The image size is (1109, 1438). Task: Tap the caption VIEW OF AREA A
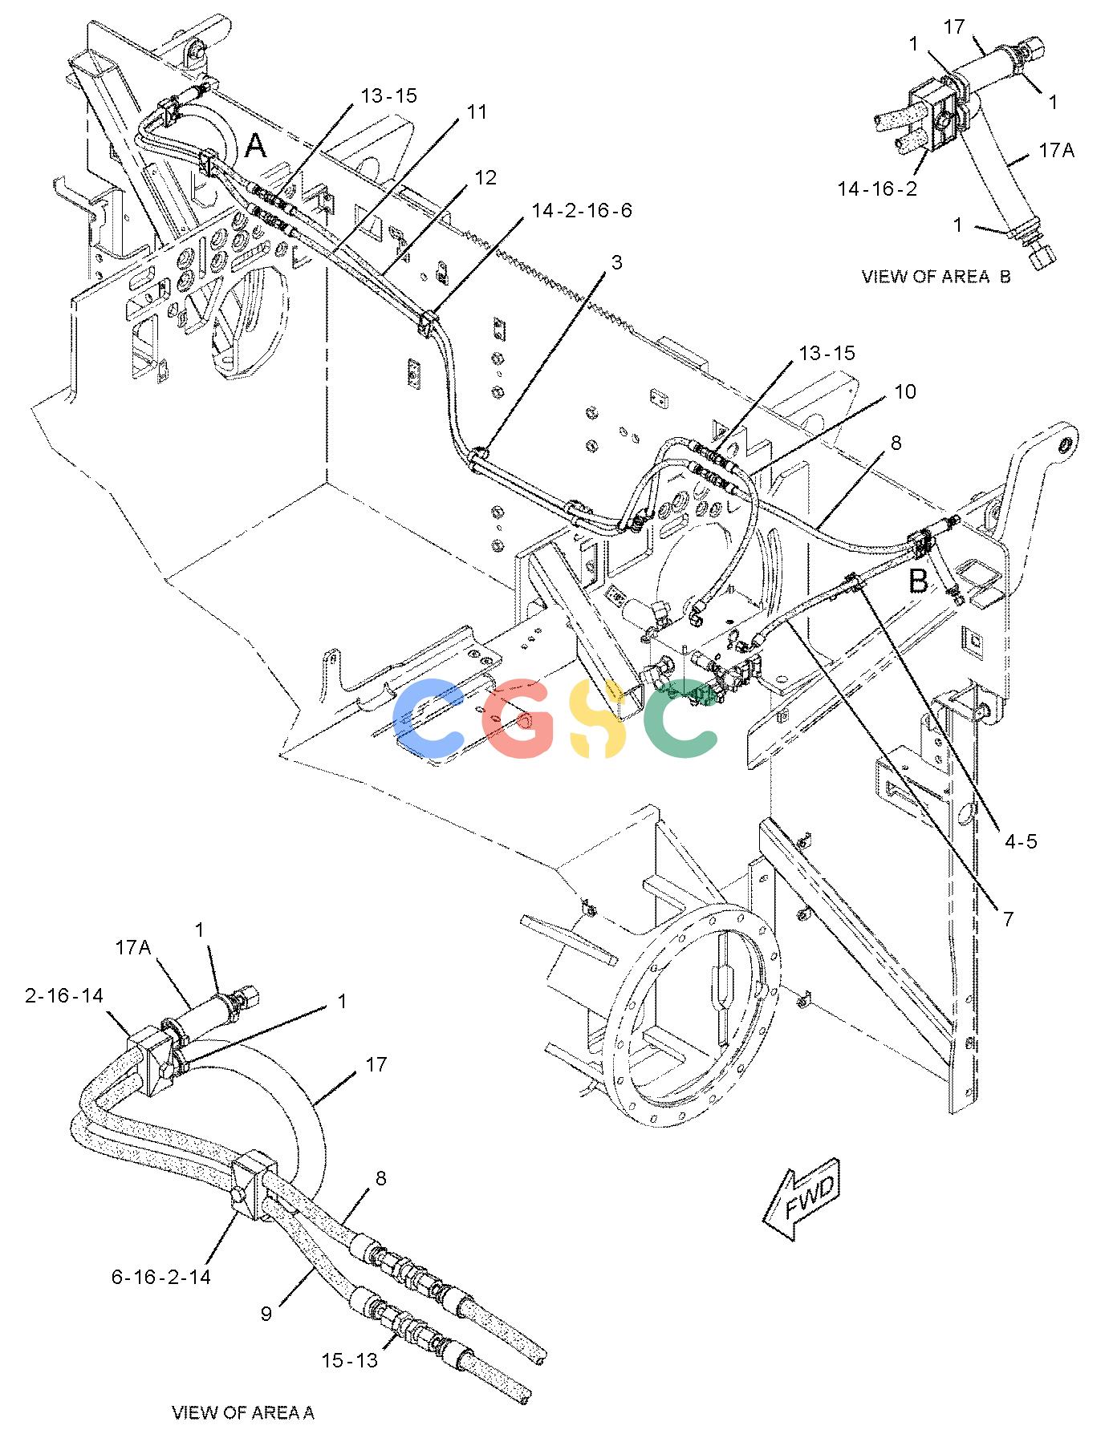243,1412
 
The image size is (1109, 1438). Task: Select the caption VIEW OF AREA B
936,277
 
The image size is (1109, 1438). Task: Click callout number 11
477,111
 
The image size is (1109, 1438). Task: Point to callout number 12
485,177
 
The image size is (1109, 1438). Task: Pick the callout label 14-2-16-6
581,210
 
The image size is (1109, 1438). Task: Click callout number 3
615,262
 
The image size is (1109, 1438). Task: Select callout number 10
905,391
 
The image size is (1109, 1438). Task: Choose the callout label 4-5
1020,841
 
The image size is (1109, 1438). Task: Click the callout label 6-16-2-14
161,1276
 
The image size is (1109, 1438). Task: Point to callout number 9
266,1313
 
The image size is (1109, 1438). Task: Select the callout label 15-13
349,1360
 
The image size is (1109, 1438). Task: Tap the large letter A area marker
255,146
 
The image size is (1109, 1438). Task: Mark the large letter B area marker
919,581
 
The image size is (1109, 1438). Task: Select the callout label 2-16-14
64,995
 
